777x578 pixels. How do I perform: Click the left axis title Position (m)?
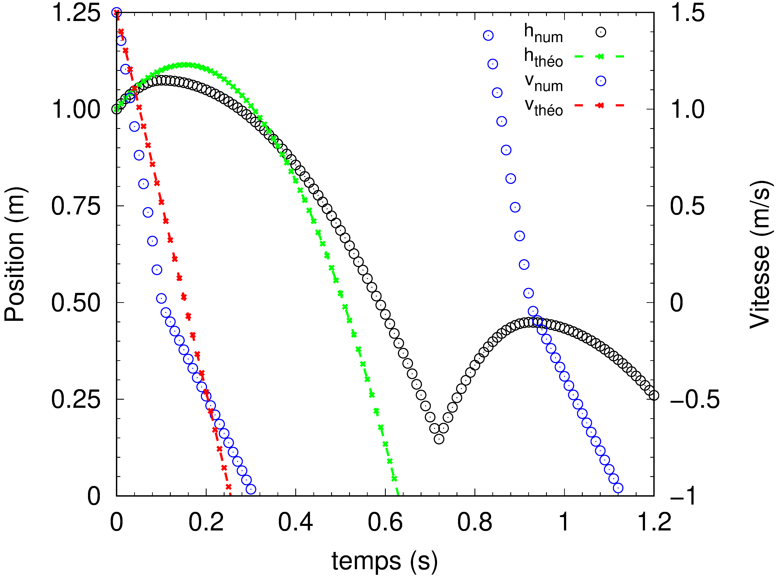coord(15,254)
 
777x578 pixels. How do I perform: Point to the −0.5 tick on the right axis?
coord(694,399)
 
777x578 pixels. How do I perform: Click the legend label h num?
coord(543,33)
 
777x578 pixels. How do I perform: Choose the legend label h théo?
coord(543,58)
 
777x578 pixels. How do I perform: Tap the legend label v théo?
coord(543,107)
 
